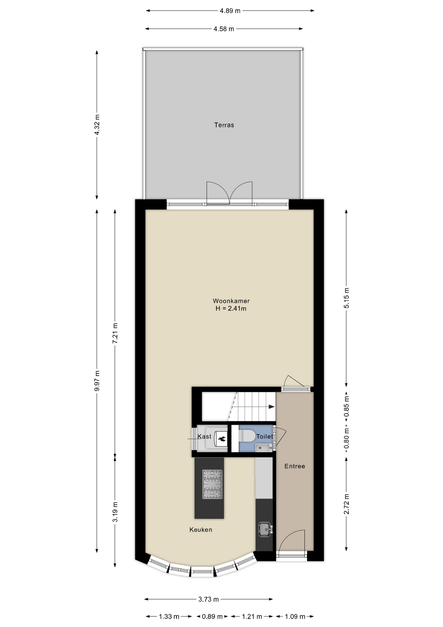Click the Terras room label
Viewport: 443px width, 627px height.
(x=224, y=125)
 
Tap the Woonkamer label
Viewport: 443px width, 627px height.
(x=231, y=301)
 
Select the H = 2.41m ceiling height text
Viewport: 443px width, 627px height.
(x=231, y=309)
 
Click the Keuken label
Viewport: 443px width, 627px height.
(x=201, y=530)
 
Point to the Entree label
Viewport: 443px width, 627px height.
(x=295, y=466)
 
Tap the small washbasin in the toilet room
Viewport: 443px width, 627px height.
(x=264, y=447)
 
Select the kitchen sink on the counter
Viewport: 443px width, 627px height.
(x=265, y=530)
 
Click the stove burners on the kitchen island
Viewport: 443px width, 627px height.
(x=212, y=484)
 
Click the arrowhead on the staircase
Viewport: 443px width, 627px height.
(x=271, y=407)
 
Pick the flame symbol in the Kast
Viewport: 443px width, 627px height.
(x=222, y=439)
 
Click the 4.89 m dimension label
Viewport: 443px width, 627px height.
(x=230, y=11)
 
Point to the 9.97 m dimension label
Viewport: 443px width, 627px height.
(x=97, y=381)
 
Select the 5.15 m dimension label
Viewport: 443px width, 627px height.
(x=346, y=298)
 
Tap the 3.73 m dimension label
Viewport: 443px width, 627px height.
(x=209, y=599)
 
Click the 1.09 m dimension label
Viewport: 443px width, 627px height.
(x=295, y=617)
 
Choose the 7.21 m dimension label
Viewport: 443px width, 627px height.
(x=115, y=333)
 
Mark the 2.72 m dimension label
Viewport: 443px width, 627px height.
(x=346, y=504)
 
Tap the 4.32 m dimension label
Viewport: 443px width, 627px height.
(x=97, y=125)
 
